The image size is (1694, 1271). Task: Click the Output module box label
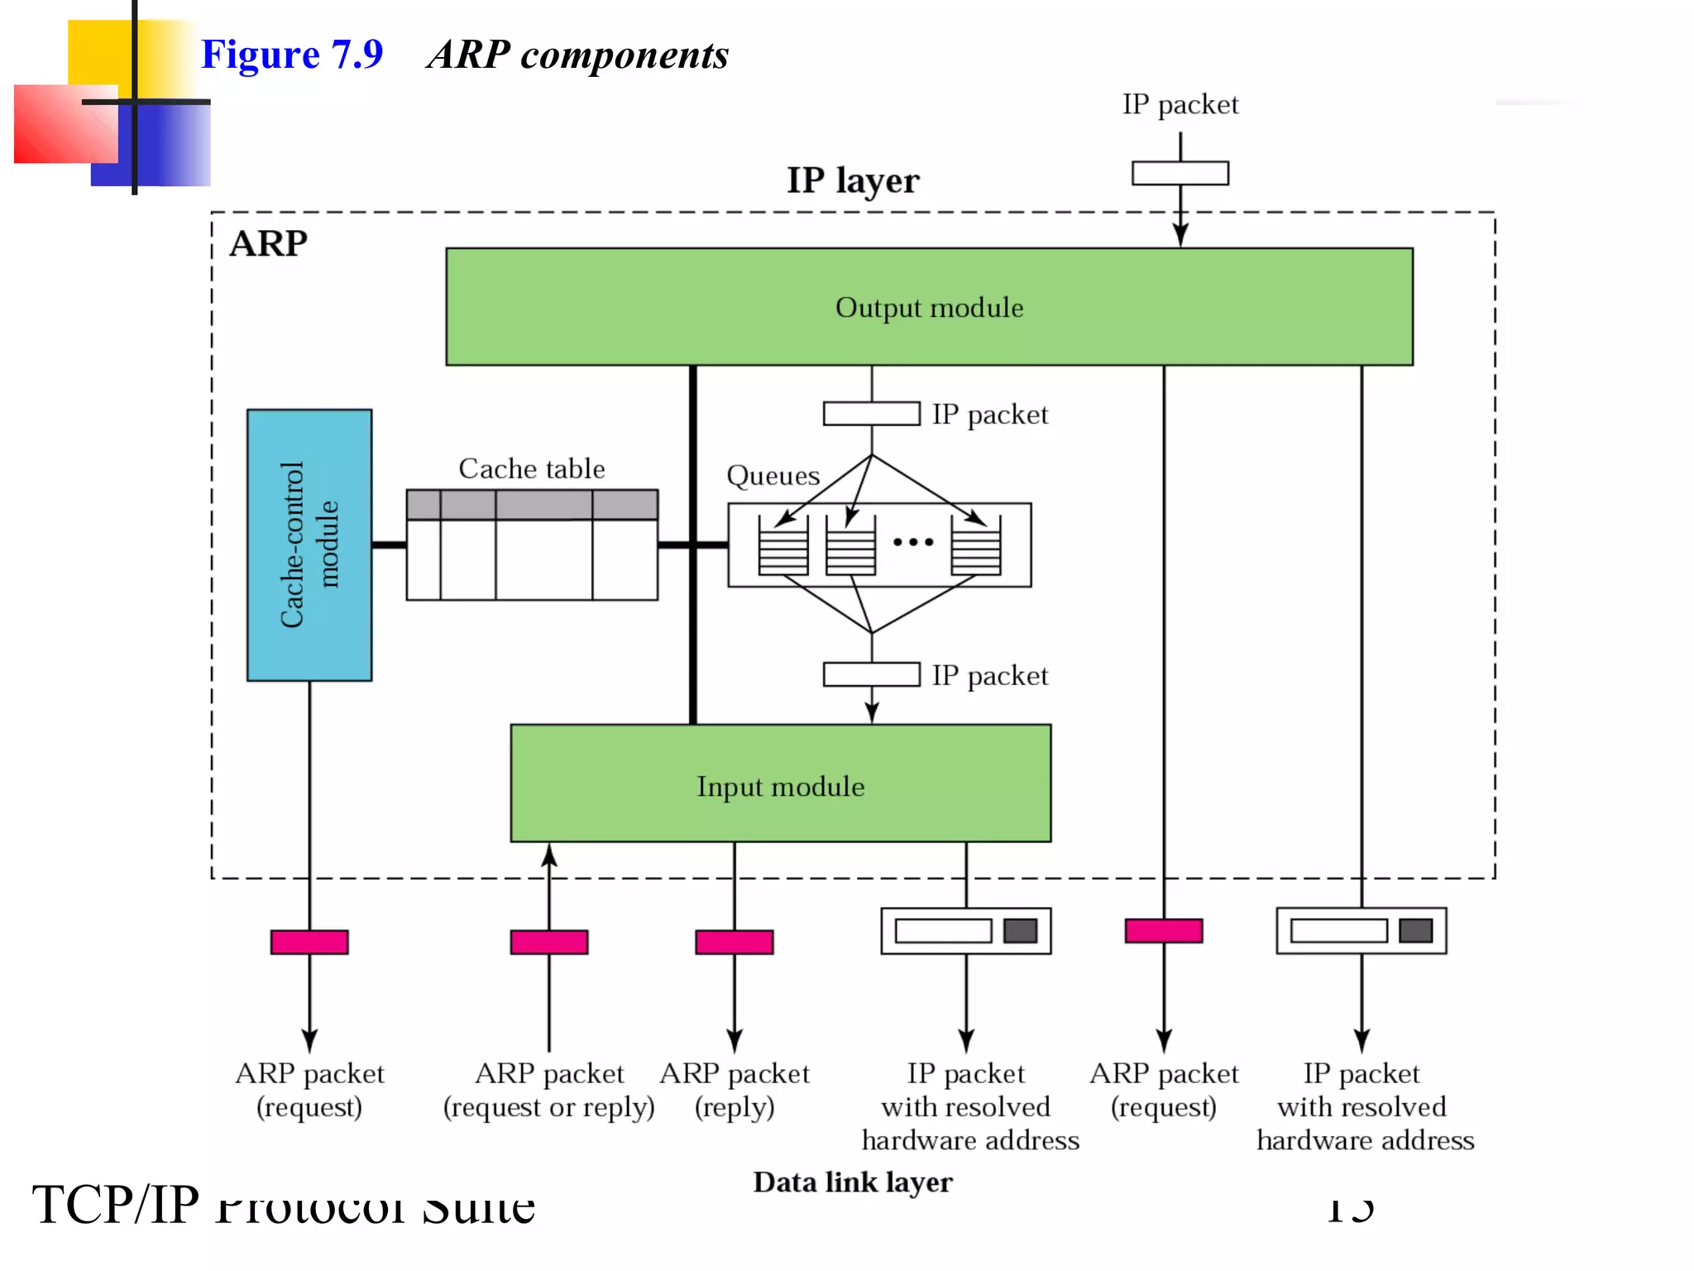(x=929, y=308)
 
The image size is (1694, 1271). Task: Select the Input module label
(x=780, y=786)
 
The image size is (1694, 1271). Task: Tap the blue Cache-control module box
(x=309, y=544)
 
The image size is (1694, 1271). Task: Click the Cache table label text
(x=531, y=468)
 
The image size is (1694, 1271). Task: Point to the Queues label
(x=773, y=476)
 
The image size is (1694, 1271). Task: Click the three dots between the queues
(x=913, y=542)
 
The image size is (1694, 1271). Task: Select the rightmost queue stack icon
(x=975, y=546)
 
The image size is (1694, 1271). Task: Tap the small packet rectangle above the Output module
(x=1180, y=173)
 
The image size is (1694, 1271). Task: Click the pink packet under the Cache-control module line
(x=309, y=942)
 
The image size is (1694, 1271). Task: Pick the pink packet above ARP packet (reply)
(x=734, y=942)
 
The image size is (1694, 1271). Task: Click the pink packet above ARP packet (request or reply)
(x=548, y=942)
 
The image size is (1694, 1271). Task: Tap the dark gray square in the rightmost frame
(x=1415, y=930)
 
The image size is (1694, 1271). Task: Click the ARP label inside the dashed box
(x=268, y=244)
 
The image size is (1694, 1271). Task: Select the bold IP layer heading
(x=853, y=180)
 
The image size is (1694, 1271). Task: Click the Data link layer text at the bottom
(x=852, y=1182)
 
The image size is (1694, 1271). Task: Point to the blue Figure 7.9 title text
(x=292, y=55)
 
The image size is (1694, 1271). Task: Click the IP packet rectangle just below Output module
(x=871, y=414)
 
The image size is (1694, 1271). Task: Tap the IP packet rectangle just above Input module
(x=871, y=674)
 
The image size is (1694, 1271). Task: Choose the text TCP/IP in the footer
(x=116, y=1204)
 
